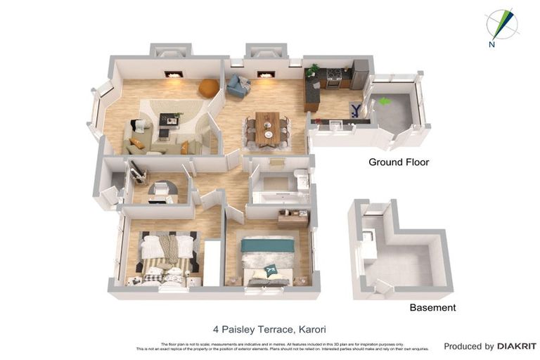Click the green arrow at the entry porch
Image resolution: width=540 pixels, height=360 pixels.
(384, 101)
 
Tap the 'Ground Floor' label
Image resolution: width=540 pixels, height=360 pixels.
(399, 162)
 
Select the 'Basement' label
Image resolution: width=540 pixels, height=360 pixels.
(432, 307)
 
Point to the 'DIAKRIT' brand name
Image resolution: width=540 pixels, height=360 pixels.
(517, 346)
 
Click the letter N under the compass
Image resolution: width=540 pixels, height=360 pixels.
(491, 45)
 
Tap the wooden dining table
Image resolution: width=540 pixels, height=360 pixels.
(267, 127)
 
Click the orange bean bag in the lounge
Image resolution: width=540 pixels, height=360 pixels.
(209, 88)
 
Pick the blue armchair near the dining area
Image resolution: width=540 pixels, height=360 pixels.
(237, 86)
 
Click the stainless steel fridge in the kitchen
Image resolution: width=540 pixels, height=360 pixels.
(359, 75)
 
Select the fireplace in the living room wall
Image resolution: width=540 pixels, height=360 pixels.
(174, 73)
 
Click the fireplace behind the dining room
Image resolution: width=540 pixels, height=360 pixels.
(266, 74)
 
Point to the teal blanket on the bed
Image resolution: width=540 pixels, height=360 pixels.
(267, 245)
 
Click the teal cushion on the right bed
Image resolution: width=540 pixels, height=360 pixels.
(271, 269)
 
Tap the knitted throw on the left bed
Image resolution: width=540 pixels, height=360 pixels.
(168, 248)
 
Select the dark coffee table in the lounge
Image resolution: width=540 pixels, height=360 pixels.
(169, 120)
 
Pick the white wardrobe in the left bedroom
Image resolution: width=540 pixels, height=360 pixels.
(212, 262)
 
